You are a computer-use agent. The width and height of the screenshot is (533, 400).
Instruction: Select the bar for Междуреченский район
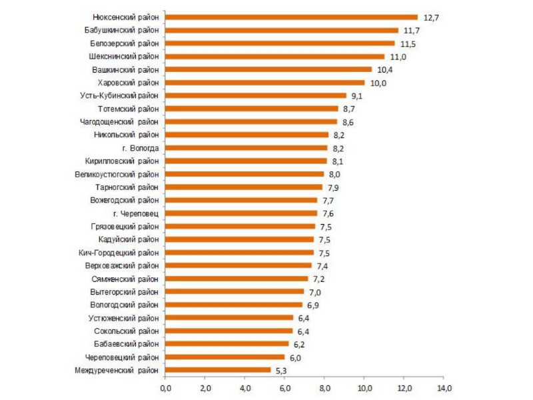pos(217,369)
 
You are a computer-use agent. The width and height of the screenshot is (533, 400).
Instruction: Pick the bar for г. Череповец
pos(241,213)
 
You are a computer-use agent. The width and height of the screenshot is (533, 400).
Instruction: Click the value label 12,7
pos(432,18)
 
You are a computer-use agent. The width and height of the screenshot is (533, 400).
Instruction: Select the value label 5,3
pos(283,370)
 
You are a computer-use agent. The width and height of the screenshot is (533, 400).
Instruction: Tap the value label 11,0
pos(398,57)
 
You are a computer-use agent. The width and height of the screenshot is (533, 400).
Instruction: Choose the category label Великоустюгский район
pos(117,174)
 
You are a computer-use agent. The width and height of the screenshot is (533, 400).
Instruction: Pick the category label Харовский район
pos(128,83)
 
